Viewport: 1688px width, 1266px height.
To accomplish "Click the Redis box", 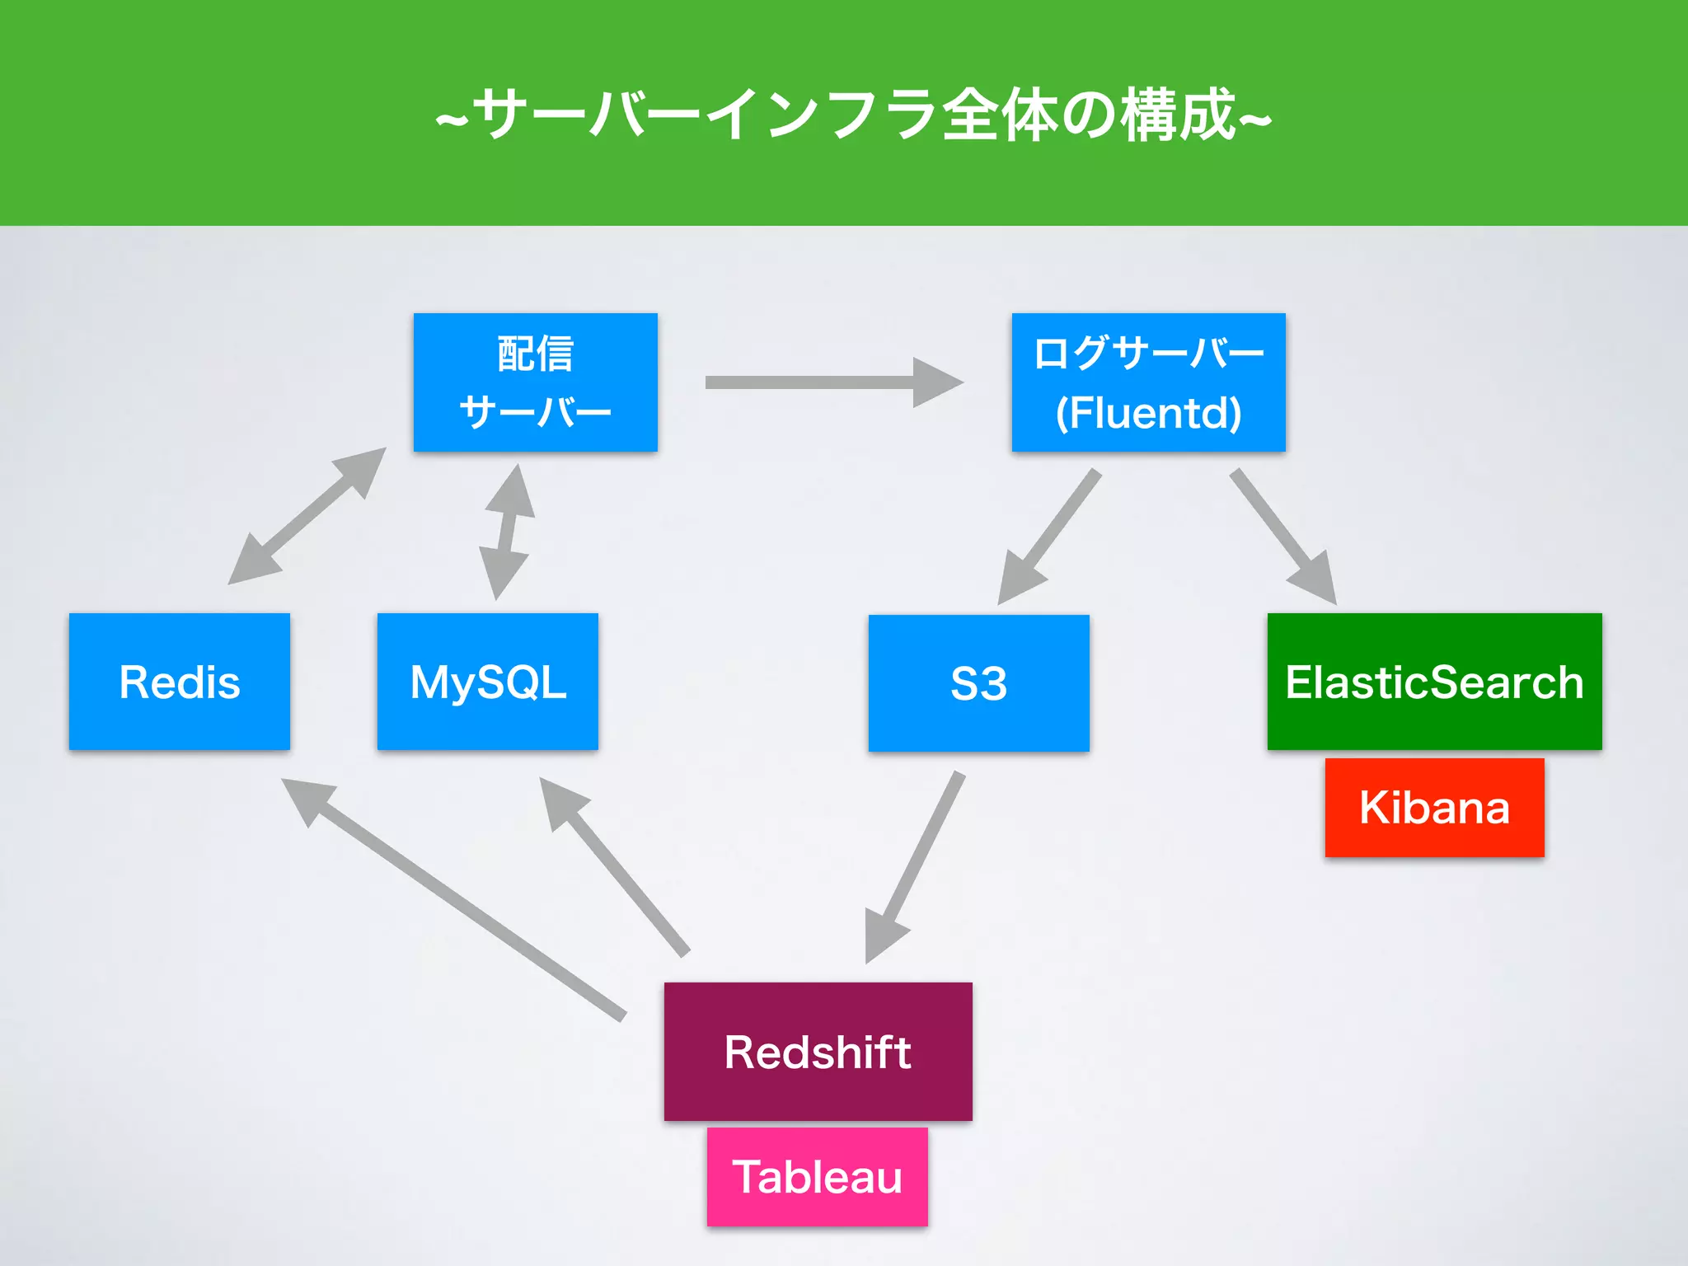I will (180, 682).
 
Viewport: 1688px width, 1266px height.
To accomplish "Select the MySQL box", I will (488, 682).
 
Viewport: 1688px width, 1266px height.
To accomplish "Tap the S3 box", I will (979, 683).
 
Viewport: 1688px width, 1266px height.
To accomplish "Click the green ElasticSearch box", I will (1434, 682).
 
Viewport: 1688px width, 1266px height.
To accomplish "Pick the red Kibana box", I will (1434, 808).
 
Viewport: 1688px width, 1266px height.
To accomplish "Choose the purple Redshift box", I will (818, 1052).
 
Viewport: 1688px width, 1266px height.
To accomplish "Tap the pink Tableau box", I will (818, 1177).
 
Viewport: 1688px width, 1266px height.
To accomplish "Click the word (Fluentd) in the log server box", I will (1149, 413).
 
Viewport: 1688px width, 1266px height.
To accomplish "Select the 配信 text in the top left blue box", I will (536, 354).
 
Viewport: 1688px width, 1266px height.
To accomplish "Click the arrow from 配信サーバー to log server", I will (832, 382).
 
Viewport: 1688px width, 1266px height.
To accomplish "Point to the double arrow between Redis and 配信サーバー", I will (307, 517).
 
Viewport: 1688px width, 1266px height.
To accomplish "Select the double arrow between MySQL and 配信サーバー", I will (506, 532).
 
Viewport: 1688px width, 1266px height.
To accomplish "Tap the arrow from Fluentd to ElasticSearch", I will (1282, 537).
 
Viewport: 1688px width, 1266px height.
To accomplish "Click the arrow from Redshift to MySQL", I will (615, 865).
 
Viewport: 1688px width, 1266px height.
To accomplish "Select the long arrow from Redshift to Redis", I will (453, 898).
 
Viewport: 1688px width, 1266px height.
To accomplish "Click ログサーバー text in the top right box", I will (1149, 353).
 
